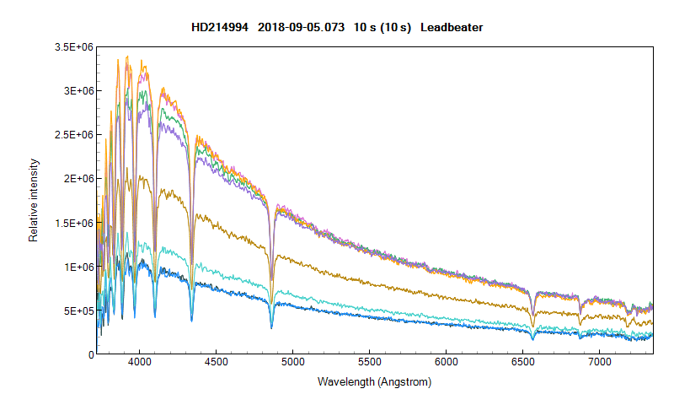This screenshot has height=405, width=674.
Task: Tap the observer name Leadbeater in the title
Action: coord(452,28)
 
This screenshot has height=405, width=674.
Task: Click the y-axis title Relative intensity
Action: coord(34,200)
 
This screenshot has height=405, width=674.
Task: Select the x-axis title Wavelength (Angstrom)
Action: coord(374,382)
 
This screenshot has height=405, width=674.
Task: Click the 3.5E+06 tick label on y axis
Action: coord(72,47)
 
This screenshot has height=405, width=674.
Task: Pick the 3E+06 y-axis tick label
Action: coord(76,91)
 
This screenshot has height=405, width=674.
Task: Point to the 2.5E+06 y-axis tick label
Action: coord(72,135)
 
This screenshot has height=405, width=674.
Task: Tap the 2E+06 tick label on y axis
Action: coord(76,179)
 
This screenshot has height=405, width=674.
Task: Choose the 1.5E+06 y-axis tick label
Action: coord(72,223)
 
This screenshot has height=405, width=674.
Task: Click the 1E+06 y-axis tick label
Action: coord(76,267)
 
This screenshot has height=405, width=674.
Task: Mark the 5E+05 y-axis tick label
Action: coord(76,310)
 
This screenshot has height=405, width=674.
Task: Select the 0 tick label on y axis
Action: coord(90,354)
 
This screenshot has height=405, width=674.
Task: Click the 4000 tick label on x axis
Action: coord(139,364)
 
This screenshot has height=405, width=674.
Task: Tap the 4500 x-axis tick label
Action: coord(216,364)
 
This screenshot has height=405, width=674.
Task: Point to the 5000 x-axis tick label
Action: coord(292,364)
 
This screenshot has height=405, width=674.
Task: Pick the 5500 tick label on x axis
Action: coord(369,364)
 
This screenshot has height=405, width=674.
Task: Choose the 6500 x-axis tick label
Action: coord(522,364)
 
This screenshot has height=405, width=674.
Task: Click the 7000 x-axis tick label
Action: coord(599,364)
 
